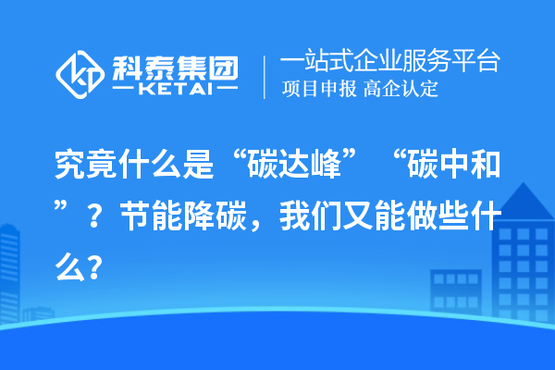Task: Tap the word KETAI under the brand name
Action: pyautogui.click(x=174, y=91)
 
